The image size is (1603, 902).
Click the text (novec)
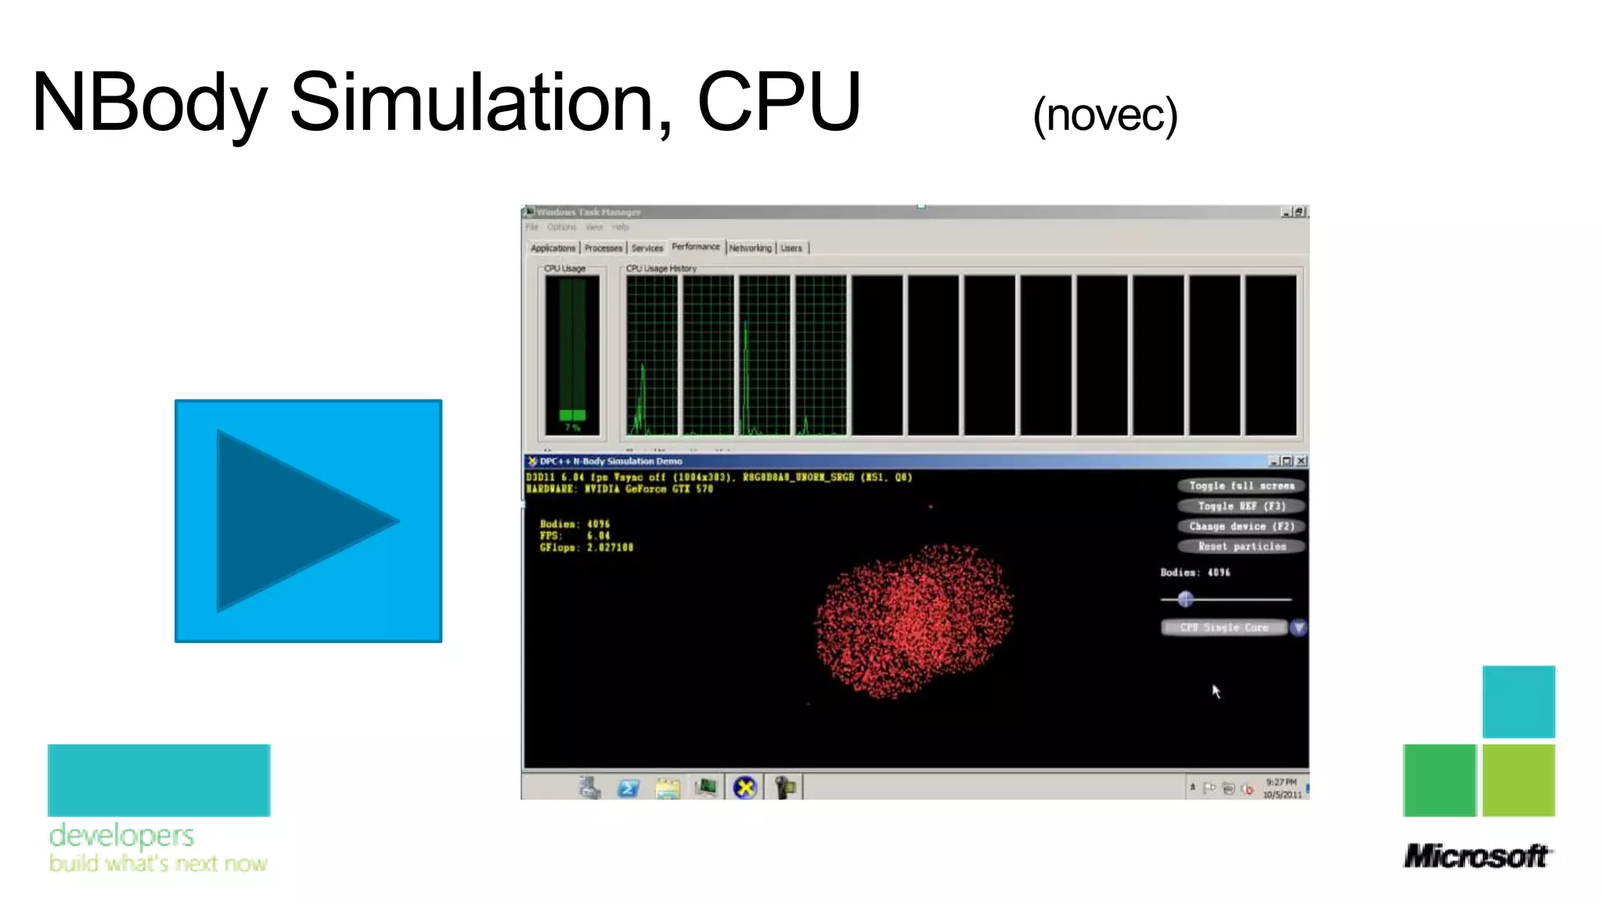tap(1104, 116)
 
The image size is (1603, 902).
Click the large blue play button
tap(308, 521)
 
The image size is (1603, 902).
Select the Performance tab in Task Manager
tap(695, 247)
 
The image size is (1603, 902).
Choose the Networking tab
tap(750, 248)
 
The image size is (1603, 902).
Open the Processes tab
tap(603, 248)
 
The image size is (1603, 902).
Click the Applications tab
tap(553, 248)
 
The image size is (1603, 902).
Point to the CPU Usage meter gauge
tap(572, 352)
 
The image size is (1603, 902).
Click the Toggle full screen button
tap(1241, 486)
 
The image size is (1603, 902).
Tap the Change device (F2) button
tap(1241, 527)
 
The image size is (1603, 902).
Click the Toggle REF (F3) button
tap(1241, 507)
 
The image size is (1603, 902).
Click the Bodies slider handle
tap(1185, 600)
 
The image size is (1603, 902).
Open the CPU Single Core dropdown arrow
tap(1298, 628)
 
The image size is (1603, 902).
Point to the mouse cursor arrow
tap(1216, 691)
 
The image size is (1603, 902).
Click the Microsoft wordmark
tap(1476, 856)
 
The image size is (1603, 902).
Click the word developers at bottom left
tap(121, 835)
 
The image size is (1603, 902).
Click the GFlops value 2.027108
tap(610, 548)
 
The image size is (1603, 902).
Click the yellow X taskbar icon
tap(745, 788)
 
